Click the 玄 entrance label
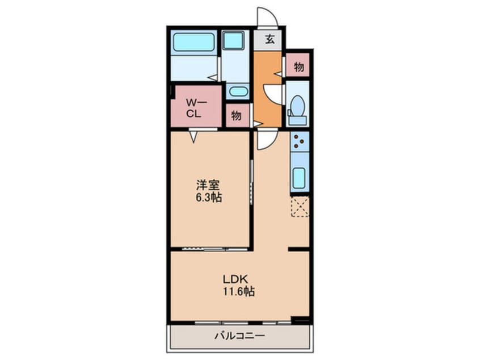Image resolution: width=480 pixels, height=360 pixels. point(270,39)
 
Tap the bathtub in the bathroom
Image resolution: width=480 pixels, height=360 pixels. point(194,42)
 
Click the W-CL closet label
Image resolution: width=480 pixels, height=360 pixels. point(194,108)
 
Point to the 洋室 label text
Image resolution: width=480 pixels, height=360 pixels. point(208,185)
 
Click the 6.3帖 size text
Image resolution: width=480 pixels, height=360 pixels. point(208,198)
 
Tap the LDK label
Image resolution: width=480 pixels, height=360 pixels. point(235,279)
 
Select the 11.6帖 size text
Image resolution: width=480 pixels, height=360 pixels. point(238,292)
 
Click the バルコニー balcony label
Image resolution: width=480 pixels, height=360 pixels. point(239,336)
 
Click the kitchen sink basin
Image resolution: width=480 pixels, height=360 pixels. point(299,178)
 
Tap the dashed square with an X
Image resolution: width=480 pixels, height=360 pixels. point(300,207)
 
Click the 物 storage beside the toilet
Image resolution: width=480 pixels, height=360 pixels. point(298,66)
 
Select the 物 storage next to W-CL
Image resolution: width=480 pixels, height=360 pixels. point(236,115)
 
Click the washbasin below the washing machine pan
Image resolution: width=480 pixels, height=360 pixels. point(238,91)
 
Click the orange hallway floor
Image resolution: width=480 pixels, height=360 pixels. point(267,89)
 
